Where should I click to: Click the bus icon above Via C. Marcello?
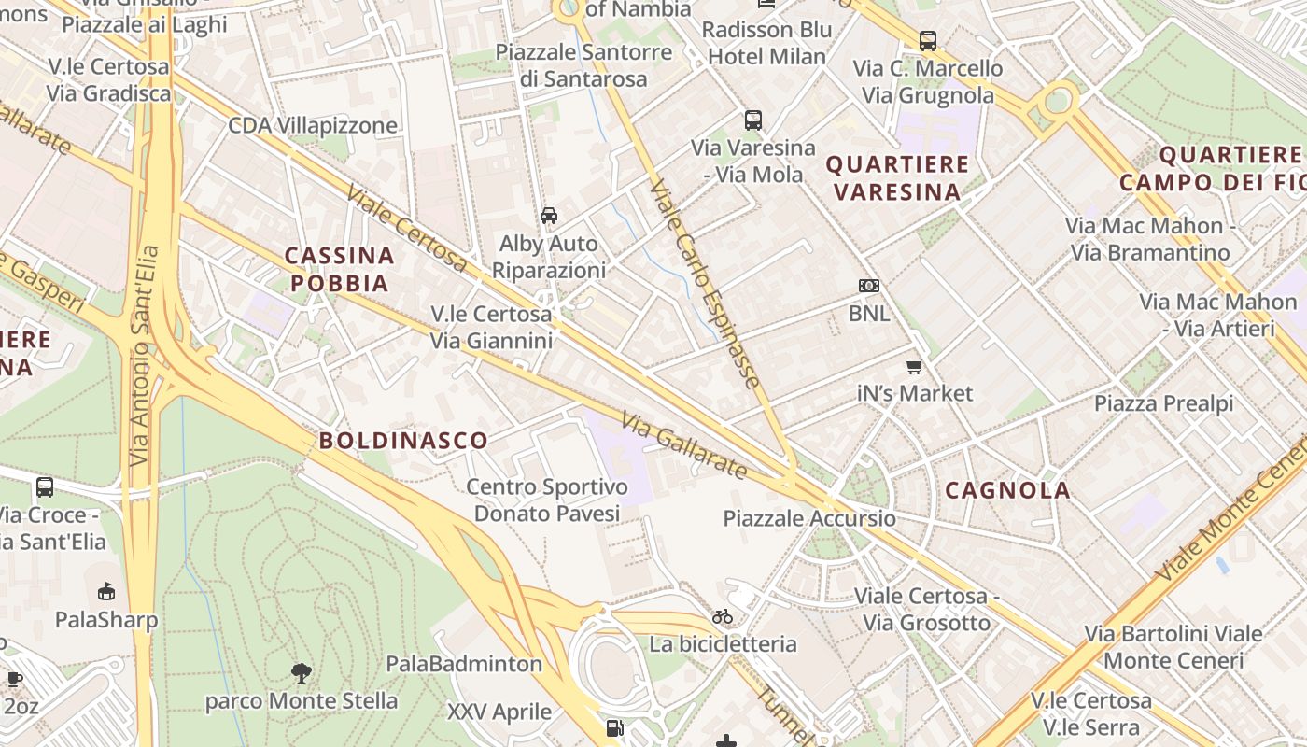(x=927, y=41)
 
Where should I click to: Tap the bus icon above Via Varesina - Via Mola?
(x=753, y=120)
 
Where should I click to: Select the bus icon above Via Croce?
(x=45, y=487)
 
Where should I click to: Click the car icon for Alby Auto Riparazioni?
(x=549, y=216)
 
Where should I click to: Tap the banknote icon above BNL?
(x=869, y=286)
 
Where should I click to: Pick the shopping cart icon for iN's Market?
(x=915, y=366)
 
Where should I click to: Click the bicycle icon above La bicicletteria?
(x=723, y=616)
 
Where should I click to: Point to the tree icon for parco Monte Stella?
(x=301, y=672)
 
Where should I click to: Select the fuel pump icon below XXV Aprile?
(x=614, y=727)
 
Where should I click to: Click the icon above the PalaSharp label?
(x=106, y=591)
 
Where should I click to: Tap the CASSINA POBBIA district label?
(x=339, y=269)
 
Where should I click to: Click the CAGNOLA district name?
(x=1007, y=490)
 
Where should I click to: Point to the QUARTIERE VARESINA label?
(x=897, y=178)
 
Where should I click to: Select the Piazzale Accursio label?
(x=809, y=518)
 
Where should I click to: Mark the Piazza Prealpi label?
(x=1163, y=403)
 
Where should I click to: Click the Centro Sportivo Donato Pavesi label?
(x=547, y=500)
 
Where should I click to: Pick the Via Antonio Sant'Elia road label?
(x=141, y=355)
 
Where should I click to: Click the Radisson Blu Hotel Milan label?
(x=766, y=43)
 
